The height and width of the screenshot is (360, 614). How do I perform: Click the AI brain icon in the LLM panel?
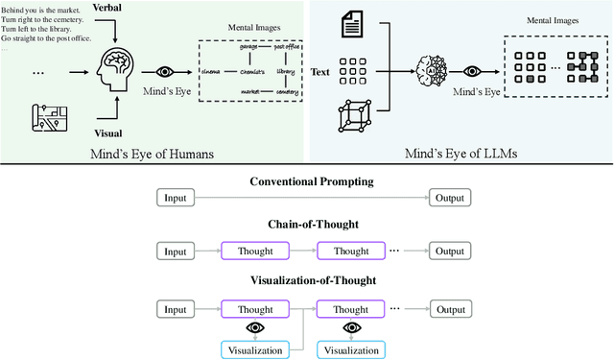point(431,71)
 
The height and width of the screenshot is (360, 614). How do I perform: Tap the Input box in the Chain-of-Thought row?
point(176,251)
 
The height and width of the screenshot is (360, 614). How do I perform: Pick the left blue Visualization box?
point(253,349)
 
